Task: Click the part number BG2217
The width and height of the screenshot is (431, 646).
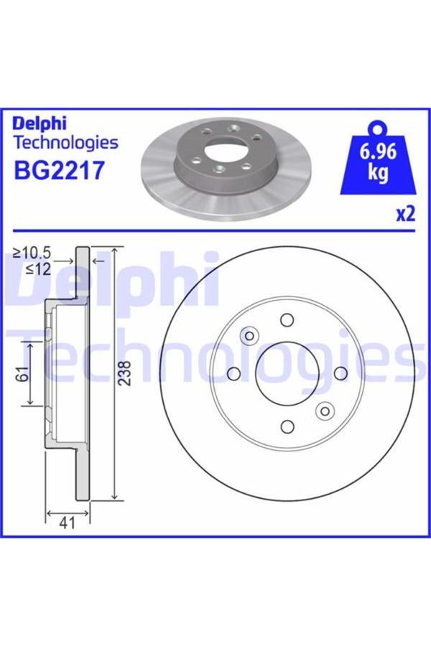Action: click(60, 171)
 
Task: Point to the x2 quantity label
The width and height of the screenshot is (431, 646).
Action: click(406, 214)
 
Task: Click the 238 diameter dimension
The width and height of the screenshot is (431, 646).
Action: click(126, 373)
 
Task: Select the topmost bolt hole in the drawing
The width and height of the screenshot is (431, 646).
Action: click(287, 319)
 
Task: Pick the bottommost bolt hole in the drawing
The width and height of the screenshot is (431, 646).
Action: click(287, 427)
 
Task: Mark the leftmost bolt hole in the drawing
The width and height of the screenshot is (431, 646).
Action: click(233, 373)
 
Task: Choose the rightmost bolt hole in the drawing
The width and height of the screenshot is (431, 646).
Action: click(341, 373)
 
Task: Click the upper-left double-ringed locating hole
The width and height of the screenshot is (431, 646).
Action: click(249, 335)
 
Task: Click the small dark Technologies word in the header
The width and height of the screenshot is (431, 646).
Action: click(65, 142)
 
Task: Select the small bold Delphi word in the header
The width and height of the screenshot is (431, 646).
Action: click(40, 123)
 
